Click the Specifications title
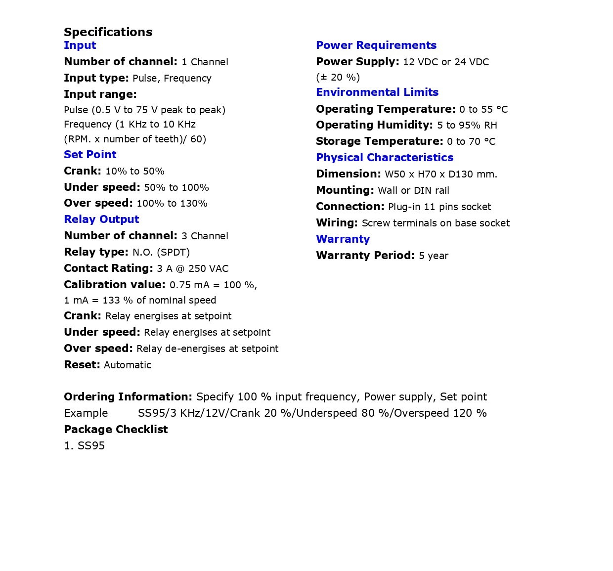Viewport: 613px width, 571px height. tap(108, 32)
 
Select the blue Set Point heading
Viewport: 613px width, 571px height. tap(90, 154)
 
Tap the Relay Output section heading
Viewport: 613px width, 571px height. tap(101, 219)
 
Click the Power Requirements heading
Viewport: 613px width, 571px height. tap(376, 45)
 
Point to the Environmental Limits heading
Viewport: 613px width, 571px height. tap(377, 92)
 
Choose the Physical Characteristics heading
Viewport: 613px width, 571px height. tap(385, 157)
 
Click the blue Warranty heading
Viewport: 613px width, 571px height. tap(343, 239)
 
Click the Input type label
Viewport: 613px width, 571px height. tap(96, 78)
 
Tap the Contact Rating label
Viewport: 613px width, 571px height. tap(108, 268)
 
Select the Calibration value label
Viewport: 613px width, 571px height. tap(115, 285)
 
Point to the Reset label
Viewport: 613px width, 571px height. tap(82, 365)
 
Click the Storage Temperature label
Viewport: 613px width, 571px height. tap(380, 141)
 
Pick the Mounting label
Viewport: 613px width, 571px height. tap(345, 190)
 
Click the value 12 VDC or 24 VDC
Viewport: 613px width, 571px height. tap(446, 62)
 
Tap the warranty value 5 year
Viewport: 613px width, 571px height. tap(434, 256)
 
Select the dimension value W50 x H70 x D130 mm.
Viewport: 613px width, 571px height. tap(441, 175)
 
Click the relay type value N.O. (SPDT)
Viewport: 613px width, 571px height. tap(161, 253)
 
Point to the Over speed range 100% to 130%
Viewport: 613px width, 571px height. tap(172, 204)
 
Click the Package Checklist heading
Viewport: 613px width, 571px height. tap(116, 430)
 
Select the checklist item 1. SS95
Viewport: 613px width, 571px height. tap(85, 446)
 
